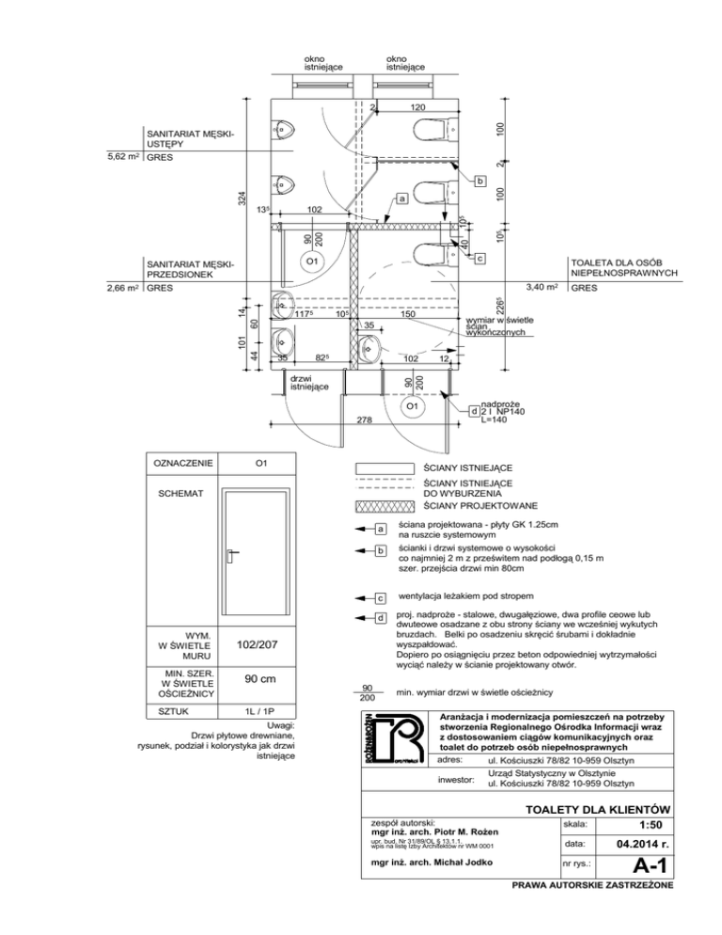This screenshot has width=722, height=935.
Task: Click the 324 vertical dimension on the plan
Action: click(243, 199)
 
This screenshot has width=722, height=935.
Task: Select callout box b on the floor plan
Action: click(480, 180)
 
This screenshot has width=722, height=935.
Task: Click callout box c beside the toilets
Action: click(479, 258)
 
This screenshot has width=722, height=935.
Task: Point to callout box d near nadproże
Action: click(475, 412)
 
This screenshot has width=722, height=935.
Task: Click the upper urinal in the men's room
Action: click(285, 127)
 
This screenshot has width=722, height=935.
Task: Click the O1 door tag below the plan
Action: click(411, 406)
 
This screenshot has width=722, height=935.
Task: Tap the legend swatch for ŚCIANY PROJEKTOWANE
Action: click(385, 506)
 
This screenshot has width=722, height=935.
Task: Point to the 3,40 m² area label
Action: click(543, 287)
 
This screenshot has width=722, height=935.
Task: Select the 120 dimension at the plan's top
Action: click(406, 108)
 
